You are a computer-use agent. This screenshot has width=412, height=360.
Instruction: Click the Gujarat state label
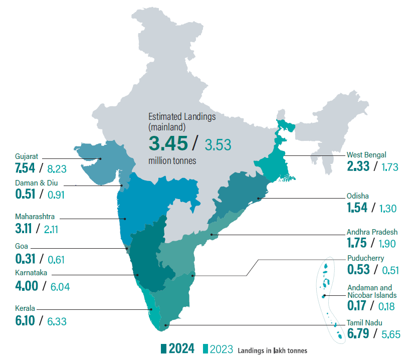(27, 156)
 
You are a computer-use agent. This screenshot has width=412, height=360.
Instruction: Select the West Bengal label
(366, 155)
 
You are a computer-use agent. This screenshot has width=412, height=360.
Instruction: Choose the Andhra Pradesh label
(372, 232)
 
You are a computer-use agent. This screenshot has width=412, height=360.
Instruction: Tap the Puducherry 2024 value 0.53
(359, 270)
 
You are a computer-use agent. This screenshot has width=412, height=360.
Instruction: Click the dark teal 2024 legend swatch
(163, 349)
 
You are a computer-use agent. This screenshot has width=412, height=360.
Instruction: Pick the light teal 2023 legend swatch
(204, 349)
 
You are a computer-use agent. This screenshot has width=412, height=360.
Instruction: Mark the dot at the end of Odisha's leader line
(259, 199)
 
